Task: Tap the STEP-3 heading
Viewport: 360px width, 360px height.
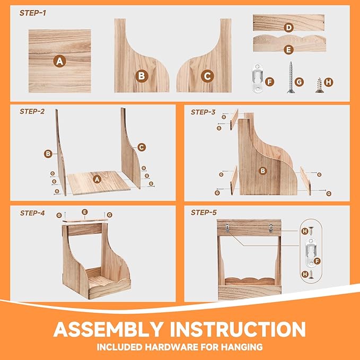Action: (x=203, y=112)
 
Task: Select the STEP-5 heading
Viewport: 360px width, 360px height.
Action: (x=203, y=213)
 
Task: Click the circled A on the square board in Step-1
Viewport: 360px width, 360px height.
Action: (x=59, y=61)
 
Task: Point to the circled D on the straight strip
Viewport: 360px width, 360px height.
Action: (x=288, y=27)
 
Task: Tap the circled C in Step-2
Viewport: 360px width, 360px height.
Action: (x=142, y=147)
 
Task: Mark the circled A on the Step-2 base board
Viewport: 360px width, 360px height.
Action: (x=97, y=179)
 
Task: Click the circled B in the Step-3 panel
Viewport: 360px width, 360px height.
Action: (x=262, y=171)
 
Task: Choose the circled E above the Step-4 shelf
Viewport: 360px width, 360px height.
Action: (x=84, y=212)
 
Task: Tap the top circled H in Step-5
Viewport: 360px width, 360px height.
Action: (x=304, y=231)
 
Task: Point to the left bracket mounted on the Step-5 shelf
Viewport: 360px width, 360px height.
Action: (x=226, y=228)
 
